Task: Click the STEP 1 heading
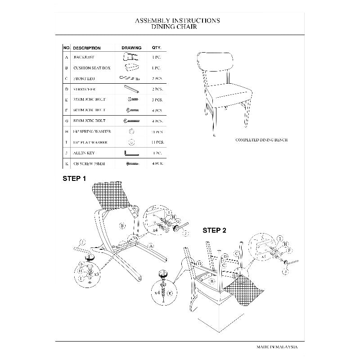(x=74, y=179)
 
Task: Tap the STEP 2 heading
(x=214, y=230)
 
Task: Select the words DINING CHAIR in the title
(x=177, y=27)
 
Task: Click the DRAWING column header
(x=131, y=48)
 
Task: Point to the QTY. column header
(x=157, y=48)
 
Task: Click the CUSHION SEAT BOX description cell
(x=91, y=68)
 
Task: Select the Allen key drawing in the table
(x=131, y=153)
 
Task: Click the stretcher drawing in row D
(x=131, y=89)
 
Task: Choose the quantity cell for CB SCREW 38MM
(x=157, y=164)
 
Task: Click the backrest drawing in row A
(x=130, y=57)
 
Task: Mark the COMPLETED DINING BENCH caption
(x=261, y=140)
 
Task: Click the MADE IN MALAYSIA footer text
(x=277, y=347)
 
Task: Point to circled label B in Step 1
(x=122, y=225)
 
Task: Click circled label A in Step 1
(x=152, y=246)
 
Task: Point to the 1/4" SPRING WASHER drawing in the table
(x=131, y=131)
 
